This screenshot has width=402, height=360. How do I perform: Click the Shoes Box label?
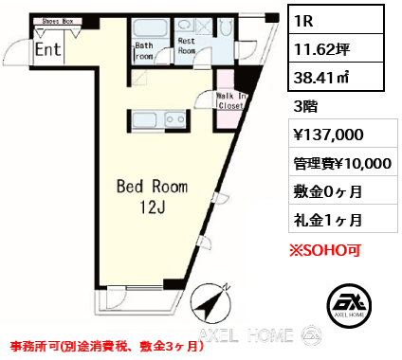click(x=58, y=22)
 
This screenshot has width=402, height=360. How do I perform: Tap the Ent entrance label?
click(x=47, y=49)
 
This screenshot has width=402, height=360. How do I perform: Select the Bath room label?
click(x=144, y=51)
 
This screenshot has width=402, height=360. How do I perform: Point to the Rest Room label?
click(x=187, y=45)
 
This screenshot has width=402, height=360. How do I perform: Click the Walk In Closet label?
click(x=231, y=100)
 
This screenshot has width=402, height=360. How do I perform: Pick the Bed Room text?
click(x=152, y=187)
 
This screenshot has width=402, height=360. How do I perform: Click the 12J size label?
click(x=153, y=207)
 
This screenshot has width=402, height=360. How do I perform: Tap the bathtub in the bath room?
click(x=150, y=28)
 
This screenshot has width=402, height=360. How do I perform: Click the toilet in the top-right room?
click(x=226, y=27)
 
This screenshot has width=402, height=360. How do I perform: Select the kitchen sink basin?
click(x=144, y=119)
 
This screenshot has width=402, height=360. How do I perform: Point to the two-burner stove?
click(x=175, y=119)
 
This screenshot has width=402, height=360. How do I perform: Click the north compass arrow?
click(x=211, y=302)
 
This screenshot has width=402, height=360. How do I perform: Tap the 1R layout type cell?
click(x=336, y=20)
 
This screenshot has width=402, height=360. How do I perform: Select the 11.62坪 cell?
click(x=336, y=48)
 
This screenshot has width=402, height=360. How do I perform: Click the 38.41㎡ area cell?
click(x=336, y=77)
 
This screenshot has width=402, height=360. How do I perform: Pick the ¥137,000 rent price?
click(x=329, y=135)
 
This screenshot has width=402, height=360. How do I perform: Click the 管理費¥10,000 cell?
click(x=343, y=164)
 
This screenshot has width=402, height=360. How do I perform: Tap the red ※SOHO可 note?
click(x=325, y=250)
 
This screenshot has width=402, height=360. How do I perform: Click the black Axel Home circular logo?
click(x=349, y=305)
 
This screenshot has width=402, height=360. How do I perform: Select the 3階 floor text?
click(x=305, y=107)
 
